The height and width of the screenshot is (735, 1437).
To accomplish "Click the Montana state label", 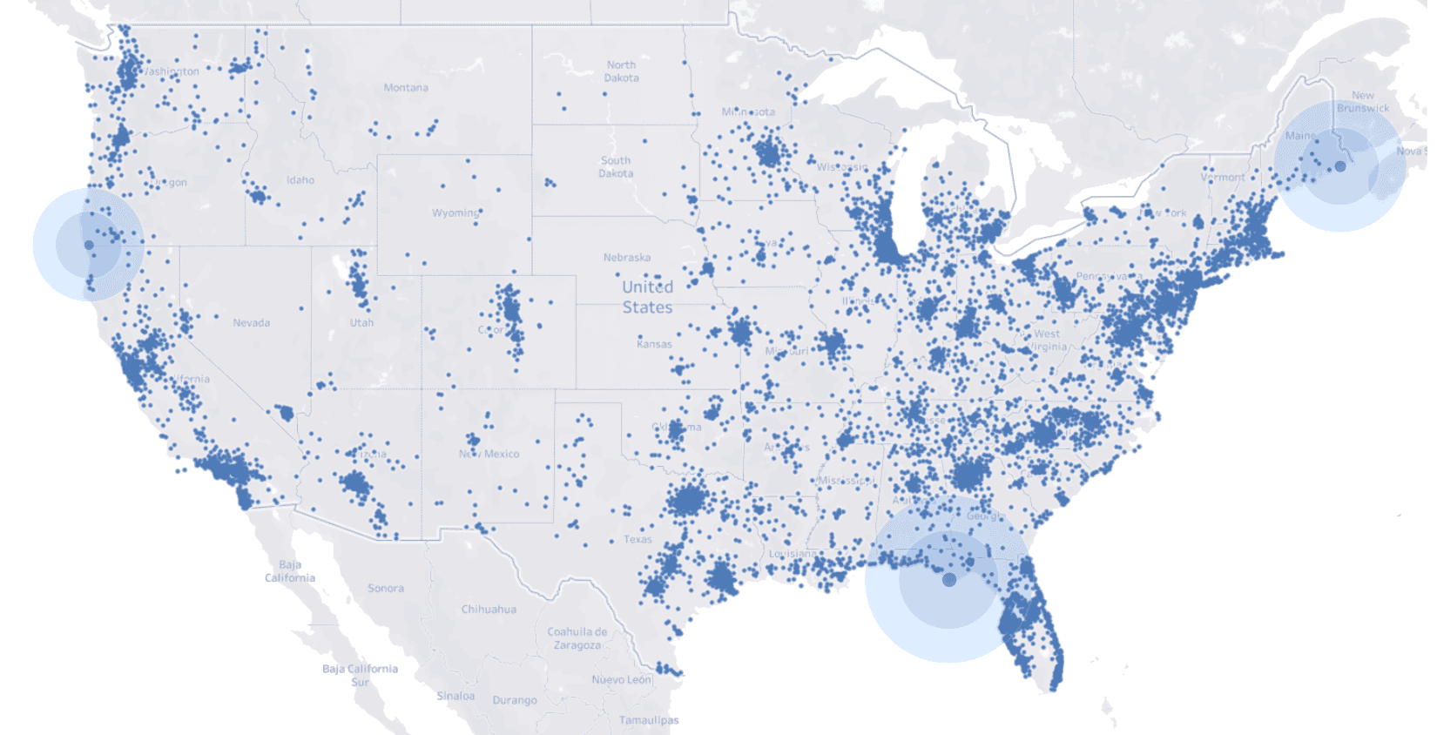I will pyautogui.click(x=406, y=88).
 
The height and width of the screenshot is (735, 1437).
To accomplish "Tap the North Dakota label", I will pyautogui.click(x=622, y=71).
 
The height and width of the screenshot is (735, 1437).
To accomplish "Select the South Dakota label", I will pyautogui.click(x=616, y=167).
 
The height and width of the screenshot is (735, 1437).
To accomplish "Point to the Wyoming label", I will pyautogui.click(x=455, y=212).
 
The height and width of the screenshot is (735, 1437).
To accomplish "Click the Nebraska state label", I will pyautogui.click(x=627, y=258).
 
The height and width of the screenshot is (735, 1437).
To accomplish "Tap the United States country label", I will pyautogui.click(x=647, y=297).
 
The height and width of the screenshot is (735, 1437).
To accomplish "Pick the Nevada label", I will pyautogui.click(x=251, y=323).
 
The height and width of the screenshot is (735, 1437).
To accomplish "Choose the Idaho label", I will pyautogui.click(x=300, y=180).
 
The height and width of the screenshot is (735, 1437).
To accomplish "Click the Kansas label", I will pyautogui.click(x=654, y=344).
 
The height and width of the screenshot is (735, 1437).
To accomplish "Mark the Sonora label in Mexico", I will pyautogui.click(x=386, y=589).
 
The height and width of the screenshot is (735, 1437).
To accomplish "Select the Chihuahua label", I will pyautogui.click(x=489, y=610).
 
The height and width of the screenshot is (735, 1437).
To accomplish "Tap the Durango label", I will pyautogui.click(x=515, y=700).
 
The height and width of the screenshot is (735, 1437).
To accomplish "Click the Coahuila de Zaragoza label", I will pyautogui.click(x=577, y=638).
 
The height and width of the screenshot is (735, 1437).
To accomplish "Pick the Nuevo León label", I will pyautogui.click(x=622, y=679).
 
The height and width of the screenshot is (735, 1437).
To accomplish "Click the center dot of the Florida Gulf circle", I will pyautogui.click(x=949, y=579).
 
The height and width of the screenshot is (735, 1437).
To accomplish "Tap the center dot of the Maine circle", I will pyautogui.click(x=1340, y=165).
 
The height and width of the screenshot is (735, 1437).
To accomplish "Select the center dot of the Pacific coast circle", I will pyautogui.click(x=89, y=246).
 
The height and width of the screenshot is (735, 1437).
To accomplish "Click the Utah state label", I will pyautogui.click(x=361, y=323).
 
